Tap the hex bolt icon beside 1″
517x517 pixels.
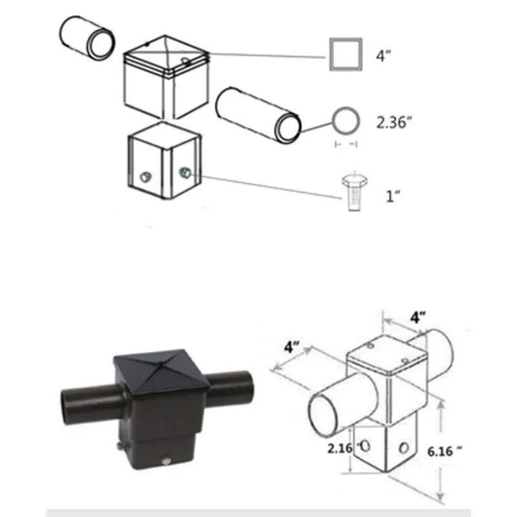pyautogui.click(x=352, y=191)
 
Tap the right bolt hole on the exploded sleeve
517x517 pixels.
pyautogui.click(x=184, y=173)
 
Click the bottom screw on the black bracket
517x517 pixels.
pyautogui.click(x=166, y=460)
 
